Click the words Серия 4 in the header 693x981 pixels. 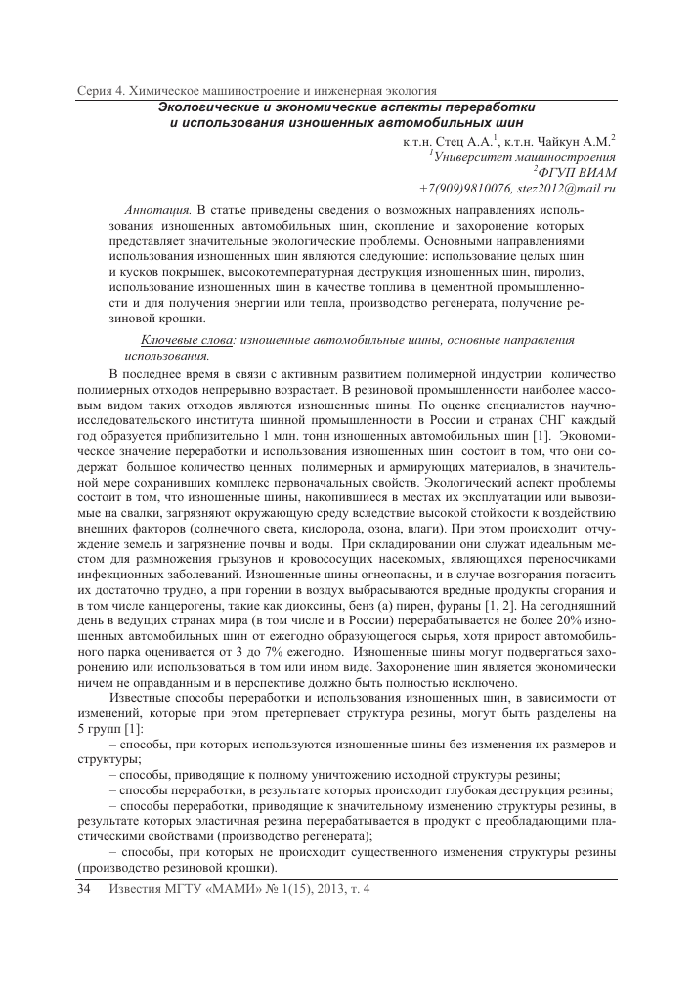[x=104, y=90]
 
